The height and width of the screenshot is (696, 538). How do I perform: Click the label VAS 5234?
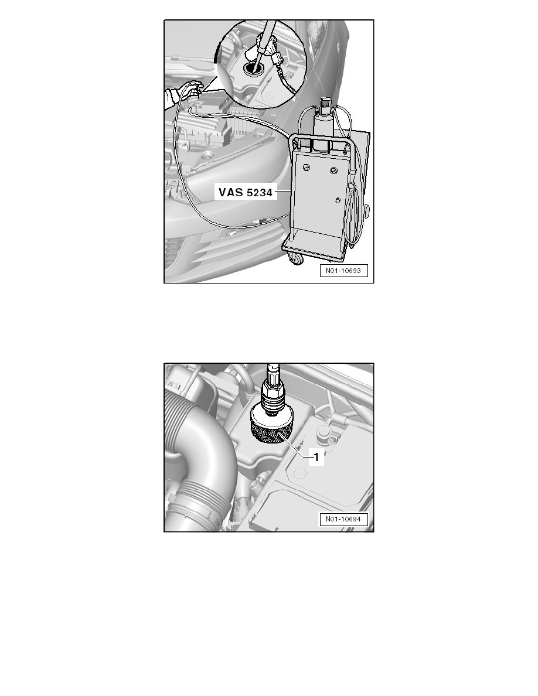click(x=246, y=192)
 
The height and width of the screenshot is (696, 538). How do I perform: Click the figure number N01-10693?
click(x=343, y=271)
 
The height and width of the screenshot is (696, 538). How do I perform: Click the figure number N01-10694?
click(x=343, y=519)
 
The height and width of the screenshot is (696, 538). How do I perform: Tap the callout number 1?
click(x=315, y=459)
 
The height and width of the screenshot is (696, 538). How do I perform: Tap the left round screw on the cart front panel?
click(x=307, y=169)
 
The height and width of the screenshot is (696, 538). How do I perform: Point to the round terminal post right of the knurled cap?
click(x=322, y=437)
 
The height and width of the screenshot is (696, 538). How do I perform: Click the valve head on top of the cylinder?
click(x=323, y=106)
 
